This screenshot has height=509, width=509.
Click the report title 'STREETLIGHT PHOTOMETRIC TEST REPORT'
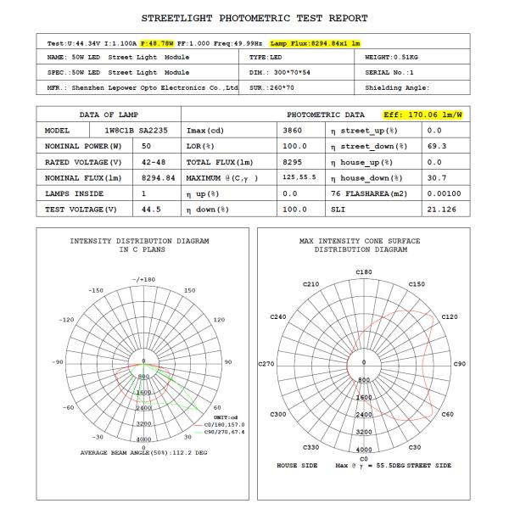click(x=255, y=18)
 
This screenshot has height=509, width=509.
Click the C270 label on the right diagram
click(x=266, y=364)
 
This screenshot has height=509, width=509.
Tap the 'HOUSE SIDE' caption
click(x=298, y=466)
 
